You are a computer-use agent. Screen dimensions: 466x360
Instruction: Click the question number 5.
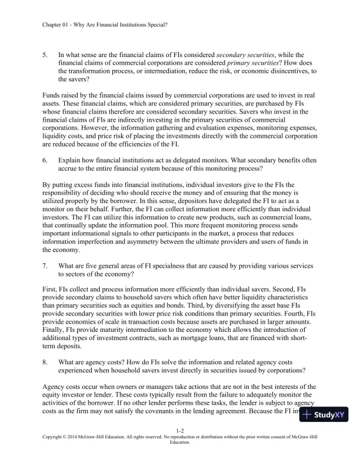46,55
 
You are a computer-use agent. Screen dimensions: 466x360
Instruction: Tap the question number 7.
46,265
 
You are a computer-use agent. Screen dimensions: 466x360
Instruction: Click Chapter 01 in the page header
58,24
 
